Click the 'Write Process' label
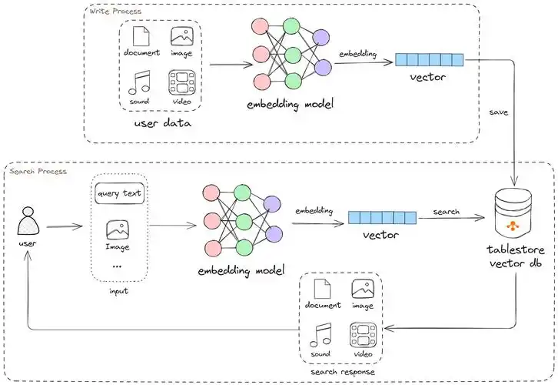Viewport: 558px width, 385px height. pyautogui.click(x=115, y=12)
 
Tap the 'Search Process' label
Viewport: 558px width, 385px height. pyautogui.click(x=38, y=172)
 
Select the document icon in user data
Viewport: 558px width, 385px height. pyautogui.click(x=141, y=35)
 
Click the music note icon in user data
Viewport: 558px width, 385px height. pyautogui.click(x=139, y=82)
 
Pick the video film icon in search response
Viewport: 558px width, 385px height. pyautogui.click(x=363, y=335)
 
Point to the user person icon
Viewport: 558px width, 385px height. pyautogui.click(x=28, y=221)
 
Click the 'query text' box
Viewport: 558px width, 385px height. pyautogui.click(x=120, y=193)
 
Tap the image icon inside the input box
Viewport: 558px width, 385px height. pyautogui.click(x=118, y=230)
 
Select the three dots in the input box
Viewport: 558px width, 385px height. pyautogui.click(x=117, y=266)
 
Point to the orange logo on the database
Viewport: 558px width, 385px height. pyautogui.click(x=513, y=226)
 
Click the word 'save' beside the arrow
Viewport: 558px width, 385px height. pyautogui.click(x=498, y=112)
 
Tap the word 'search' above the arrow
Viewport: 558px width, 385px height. pyautogui.click(x=447, y=212)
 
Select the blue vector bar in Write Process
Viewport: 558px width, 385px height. pyautogui.click(x=429, y=60)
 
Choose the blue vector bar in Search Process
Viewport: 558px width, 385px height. pyautogui.click(x=382, y=217)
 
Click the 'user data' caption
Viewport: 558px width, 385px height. pyautogui.click(x=163, y=123)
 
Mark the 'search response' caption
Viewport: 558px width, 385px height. pyautogui.click(x=342, y=372)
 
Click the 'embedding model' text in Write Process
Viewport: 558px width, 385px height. pyautogui.click(x=290, y=104)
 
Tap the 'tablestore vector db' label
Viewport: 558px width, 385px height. pyautogui.click(x=516, y=256)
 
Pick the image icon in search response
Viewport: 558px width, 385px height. pyautogui.click(x=363, y=289)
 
